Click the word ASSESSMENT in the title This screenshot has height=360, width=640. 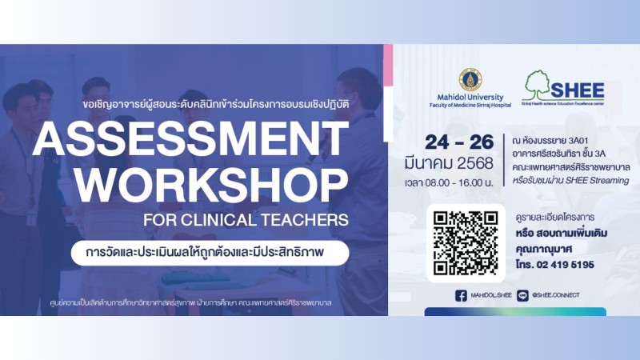pos(190,138)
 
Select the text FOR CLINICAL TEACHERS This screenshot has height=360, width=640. pos(246,220)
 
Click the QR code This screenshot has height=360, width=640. pos(466,243)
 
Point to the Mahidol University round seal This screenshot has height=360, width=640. pos(470,79)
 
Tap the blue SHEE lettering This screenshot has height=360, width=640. pos(577,90)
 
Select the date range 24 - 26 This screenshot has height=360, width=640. pos(459,142)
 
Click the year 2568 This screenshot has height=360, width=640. pos(475,163)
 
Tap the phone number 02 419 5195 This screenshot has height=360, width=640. pos(566,265)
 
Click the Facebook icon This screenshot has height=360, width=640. pos(461,295)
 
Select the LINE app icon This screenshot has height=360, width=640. pos(522,295)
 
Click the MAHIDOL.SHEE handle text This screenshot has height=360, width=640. pos(491,295)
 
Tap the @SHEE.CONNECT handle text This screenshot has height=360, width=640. pos(555,295)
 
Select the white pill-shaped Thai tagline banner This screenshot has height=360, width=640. pos(210,253)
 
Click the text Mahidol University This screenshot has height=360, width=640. pos(470,97)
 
